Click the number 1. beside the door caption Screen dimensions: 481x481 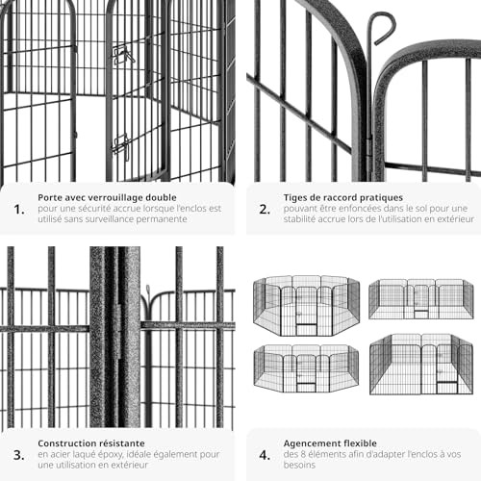pos(19,210)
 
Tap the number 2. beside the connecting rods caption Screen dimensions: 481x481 pos(265,210)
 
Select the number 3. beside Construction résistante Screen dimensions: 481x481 pos(19,455)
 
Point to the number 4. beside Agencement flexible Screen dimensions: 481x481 pos(265,455)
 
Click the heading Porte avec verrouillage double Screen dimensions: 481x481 pos(107,197)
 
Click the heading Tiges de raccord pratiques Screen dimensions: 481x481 pos(343,197)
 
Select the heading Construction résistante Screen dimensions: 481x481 pos(91,443)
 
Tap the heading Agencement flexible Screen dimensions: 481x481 pos(330,443)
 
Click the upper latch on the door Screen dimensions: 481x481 pos(122,55)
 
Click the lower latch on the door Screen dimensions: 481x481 pos(121,147)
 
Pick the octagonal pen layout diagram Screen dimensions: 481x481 pos(306,306)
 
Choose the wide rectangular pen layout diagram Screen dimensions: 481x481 pos(421,299)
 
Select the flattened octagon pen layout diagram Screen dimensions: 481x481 pos(306,368)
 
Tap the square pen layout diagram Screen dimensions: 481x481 pos(421,364)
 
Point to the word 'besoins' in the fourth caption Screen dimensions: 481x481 pos(299,465)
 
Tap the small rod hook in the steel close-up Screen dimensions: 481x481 pos(148,291)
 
